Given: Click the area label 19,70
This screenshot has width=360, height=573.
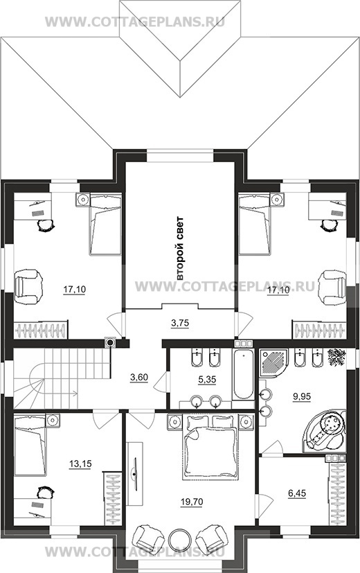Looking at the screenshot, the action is point(191,502).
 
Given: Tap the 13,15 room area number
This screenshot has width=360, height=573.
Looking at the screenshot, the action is point(80,464).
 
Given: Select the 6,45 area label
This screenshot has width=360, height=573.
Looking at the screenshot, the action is point(297,494).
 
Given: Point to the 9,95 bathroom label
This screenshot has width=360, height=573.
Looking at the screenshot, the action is point(302,396).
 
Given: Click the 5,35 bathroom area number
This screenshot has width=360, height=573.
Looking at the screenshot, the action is point(207,380).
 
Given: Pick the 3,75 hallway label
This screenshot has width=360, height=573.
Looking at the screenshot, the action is point(180,324).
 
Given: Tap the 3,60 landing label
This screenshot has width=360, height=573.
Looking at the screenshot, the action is point(139,378).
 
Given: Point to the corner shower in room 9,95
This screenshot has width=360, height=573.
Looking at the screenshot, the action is point(273,364).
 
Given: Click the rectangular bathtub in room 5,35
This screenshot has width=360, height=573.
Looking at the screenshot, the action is point(243,374).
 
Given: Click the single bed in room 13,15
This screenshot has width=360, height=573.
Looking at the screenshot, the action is point(30,445).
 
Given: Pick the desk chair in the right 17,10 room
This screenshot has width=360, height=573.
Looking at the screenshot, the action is point(329,225).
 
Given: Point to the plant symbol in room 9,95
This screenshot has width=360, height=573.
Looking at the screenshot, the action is point(336,358).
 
